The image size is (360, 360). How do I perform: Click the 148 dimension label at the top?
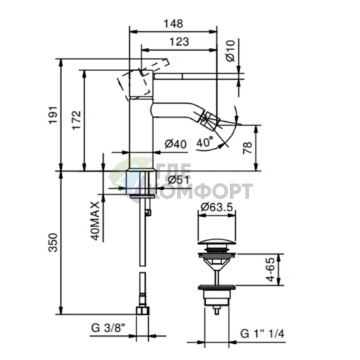[x=173, y=24]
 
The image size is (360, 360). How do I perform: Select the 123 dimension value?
[x=179, y=42]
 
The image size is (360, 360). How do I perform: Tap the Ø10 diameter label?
[x=230, y=51]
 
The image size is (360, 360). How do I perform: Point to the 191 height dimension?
[x=53, y=115]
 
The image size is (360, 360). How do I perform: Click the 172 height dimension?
[x=76, y=120]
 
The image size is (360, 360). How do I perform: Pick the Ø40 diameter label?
[x=176, y=144]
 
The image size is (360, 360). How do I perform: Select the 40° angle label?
[x=205, y=142]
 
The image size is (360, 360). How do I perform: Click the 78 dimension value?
[x=247, y=148]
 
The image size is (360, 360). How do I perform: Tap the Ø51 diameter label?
[x=179, y=179]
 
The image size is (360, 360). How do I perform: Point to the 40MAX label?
[x=95, y=221]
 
